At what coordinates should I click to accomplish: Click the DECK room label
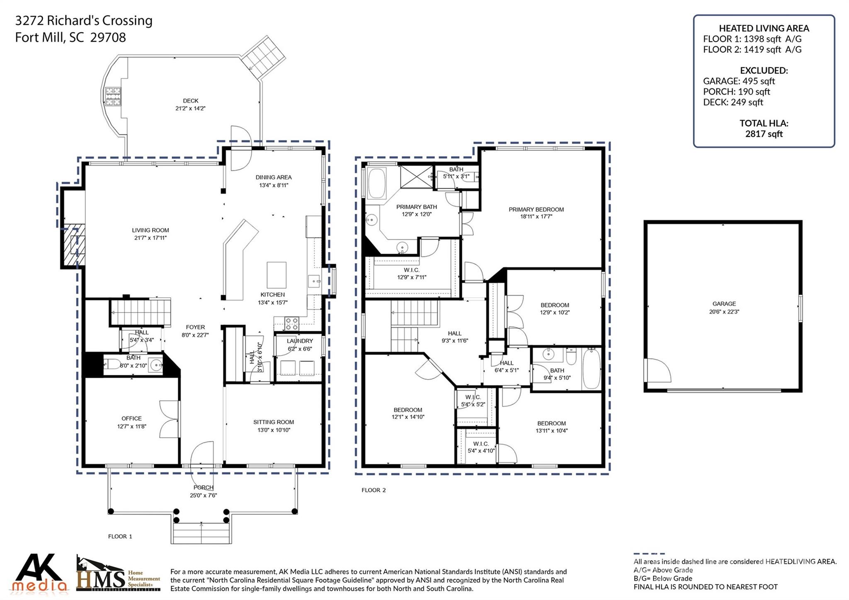coord(190,101)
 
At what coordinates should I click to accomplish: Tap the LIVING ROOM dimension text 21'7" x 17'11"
coord(150,238)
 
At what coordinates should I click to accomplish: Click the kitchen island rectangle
coord(277,274)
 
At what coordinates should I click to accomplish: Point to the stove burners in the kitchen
coord(292,323)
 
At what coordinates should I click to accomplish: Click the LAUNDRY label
coord(299,341)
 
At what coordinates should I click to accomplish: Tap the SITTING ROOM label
coord(274,422)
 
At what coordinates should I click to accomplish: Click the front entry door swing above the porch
coord(202,454)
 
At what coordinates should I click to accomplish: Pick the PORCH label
coord(203,488)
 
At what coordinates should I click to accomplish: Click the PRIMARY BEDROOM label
coord(536,209)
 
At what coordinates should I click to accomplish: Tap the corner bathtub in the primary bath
coord(377,183)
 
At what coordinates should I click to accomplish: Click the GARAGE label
coord(724,304)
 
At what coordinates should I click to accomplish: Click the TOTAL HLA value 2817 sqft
coord(764,134)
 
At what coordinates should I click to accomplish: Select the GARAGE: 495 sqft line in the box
coord(739,81)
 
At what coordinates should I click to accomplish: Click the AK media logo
coord(39,573)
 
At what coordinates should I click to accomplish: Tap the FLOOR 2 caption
coord(374,490)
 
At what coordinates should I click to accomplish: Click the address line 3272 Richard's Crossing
coord(84,20)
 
